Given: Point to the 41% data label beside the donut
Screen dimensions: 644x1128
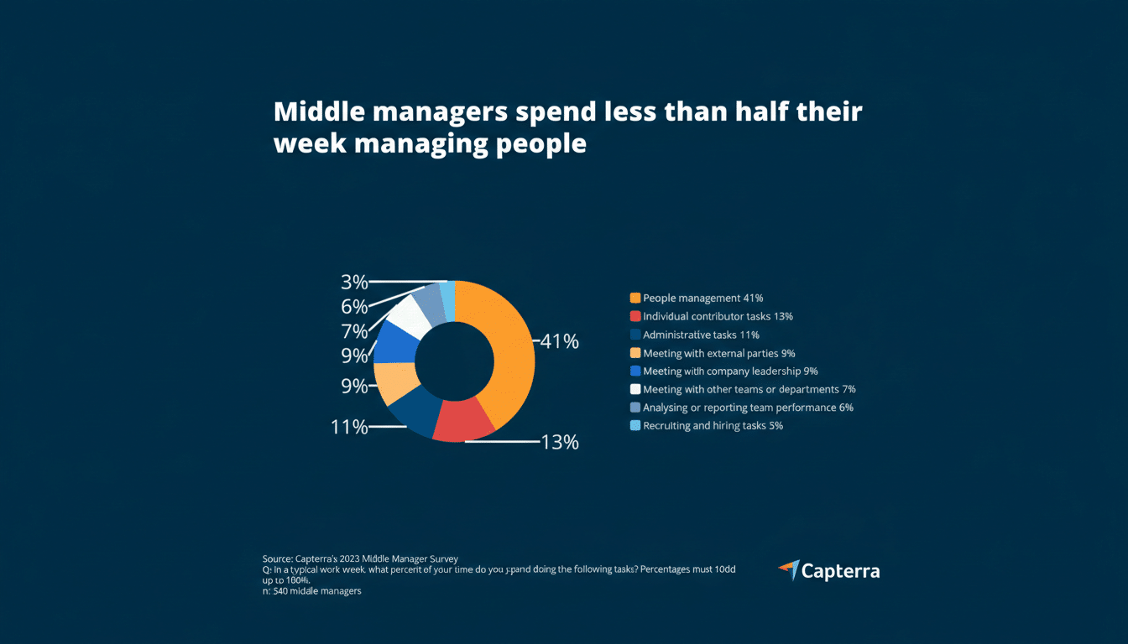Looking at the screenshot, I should (559, 342).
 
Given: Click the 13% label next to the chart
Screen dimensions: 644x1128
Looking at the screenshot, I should (558, 442).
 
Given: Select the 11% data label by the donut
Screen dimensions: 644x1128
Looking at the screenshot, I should (349, 427).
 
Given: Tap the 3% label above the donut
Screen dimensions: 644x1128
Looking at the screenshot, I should (354, 282).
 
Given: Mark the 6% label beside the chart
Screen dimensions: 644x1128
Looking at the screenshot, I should (354, 307).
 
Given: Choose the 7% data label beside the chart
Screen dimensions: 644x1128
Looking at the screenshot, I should (354, 331).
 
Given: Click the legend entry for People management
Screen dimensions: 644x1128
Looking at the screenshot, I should (702, 299).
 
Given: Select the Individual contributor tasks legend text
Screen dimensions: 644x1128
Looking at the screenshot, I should (718, 317).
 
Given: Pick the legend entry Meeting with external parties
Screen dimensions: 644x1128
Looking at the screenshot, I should (718, 353).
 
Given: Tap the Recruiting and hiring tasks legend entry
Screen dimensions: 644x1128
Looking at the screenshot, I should (713, 426).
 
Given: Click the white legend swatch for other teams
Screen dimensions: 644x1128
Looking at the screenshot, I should (635, 389).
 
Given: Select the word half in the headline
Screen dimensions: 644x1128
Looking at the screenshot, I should (744, 112).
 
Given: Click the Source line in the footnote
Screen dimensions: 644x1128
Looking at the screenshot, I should (360, 558).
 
